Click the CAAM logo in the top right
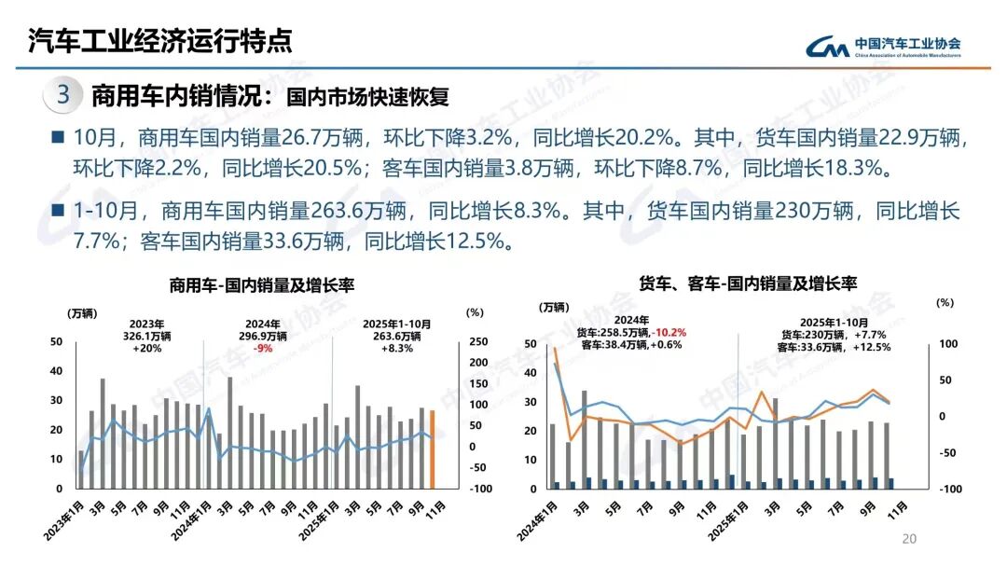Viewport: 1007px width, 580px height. click(881, 46)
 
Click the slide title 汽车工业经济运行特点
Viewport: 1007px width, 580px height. click(159, 40)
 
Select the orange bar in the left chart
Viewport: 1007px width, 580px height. click(432, 449)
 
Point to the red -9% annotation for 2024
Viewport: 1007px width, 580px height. click(263, 349)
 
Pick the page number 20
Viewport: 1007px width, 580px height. click(909, 539)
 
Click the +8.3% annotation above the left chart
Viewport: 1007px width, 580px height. click(395, 349)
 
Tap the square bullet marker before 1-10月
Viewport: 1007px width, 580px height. click(58, 211)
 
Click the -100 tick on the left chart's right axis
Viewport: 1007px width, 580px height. click(476, 489)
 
